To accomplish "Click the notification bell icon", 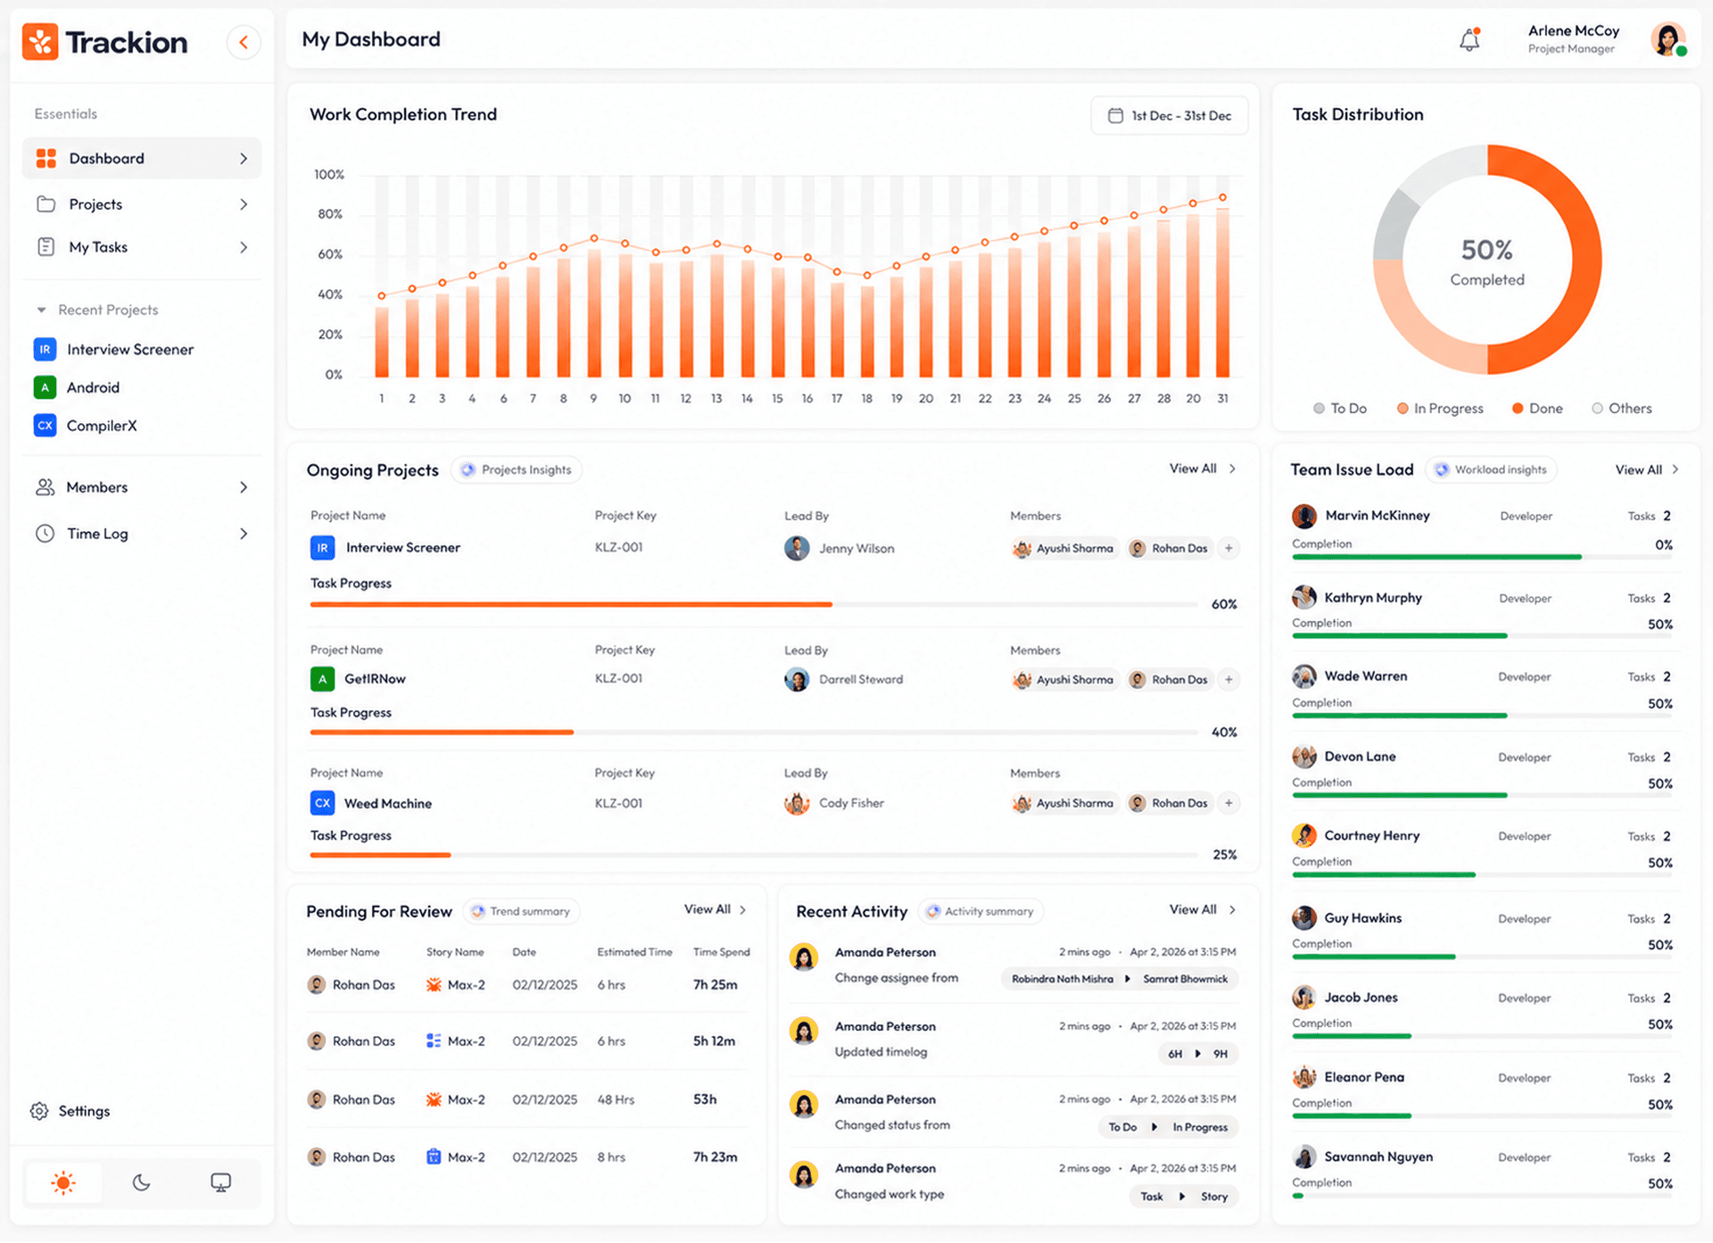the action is [x=1469, y=39].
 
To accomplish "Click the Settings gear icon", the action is [x=39, y=1111].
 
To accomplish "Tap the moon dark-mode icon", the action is [x=141, y=1183].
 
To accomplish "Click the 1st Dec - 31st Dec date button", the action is [x=1169, y=116].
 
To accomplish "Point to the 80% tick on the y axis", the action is [x=330, y=214].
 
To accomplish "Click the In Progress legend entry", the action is [x=1440, y=409].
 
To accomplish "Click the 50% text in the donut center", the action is [x=1487, y=250].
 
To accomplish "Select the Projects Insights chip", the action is [x=517, y=470].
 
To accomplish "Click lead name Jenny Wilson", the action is [x=856, y=549].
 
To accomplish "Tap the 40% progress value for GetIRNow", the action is [x=1224, y=733].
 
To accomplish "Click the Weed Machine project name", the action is [x=388, y=803].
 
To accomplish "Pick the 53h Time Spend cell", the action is [x=705, y=1099].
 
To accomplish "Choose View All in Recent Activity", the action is [x=1193, y=909].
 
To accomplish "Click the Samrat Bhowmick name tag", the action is [x=1185, y=979].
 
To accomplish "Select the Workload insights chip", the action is [x=1492, y=470].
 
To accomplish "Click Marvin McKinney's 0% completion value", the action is [x=1664, y=545].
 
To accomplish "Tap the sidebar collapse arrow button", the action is [x=243, y=42].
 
